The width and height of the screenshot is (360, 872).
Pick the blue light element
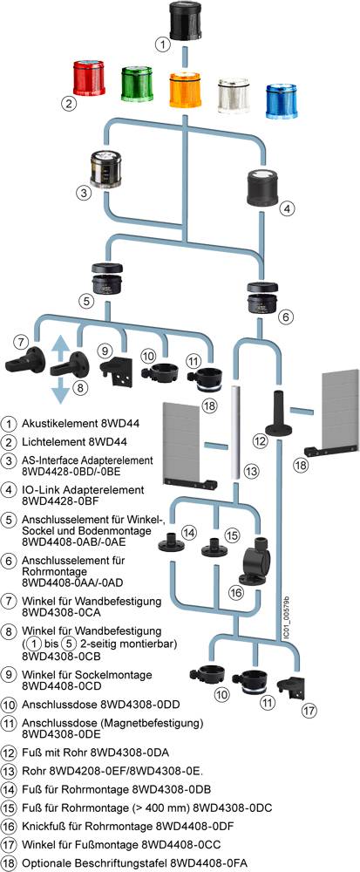pos(282,101)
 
